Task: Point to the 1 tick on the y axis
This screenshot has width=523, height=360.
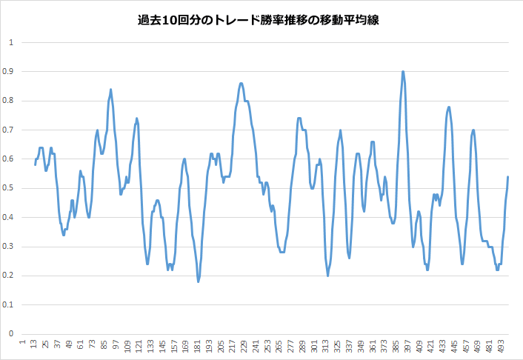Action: [x=11, y=42]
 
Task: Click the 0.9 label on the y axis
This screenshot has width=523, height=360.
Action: [x=9, y=71]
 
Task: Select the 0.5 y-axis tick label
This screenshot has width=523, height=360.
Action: [x=9, y=188]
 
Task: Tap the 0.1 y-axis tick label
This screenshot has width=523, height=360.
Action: [x=9, y=304]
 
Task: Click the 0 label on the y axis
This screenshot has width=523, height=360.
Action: [x=11, y=333]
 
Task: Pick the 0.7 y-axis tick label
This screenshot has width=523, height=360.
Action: [x=9, y=130]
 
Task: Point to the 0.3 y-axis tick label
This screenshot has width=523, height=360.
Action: [x=9, y=247]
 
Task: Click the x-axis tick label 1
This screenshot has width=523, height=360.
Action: [x=23, y=344]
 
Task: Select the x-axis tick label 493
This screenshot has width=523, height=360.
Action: [x=501, y=346]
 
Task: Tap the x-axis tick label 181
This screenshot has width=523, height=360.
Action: [x=199, y=346]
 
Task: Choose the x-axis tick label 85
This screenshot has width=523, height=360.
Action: [x=104, y=346]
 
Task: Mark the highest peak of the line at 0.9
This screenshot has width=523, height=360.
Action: [x=402, y=72]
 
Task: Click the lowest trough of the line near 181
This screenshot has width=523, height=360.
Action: [x=198, y=281]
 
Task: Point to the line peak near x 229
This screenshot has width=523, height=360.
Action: [x=241, y=84]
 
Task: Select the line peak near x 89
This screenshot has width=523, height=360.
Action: [x=110, y=90]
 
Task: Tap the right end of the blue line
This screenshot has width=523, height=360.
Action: [x=508, y=176]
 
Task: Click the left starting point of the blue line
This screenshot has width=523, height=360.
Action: [x=35, y=164]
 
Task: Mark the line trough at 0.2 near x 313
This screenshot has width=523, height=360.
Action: [x=327, y=276]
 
